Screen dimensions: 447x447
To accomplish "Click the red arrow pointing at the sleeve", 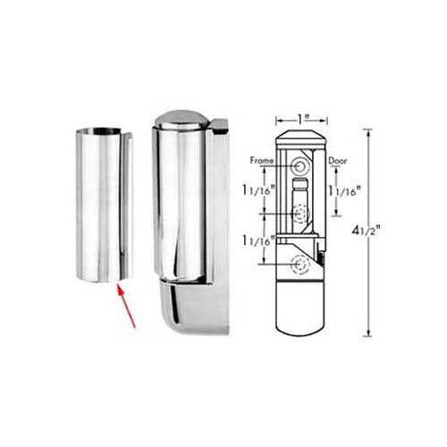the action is pos(126,306).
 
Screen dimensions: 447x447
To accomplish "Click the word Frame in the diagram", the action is pos(262,161).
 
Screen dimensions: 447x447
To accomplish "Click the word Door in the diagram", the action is pos(338,161).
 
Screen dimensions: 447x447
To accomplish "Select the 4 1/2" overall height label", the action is pos(366,231).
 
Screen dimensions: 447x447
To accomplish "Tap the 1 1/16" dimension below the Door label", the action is pos(344,190).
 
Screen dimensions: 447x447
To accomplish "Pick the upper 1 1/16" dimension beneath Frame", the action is pos(258,190).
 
